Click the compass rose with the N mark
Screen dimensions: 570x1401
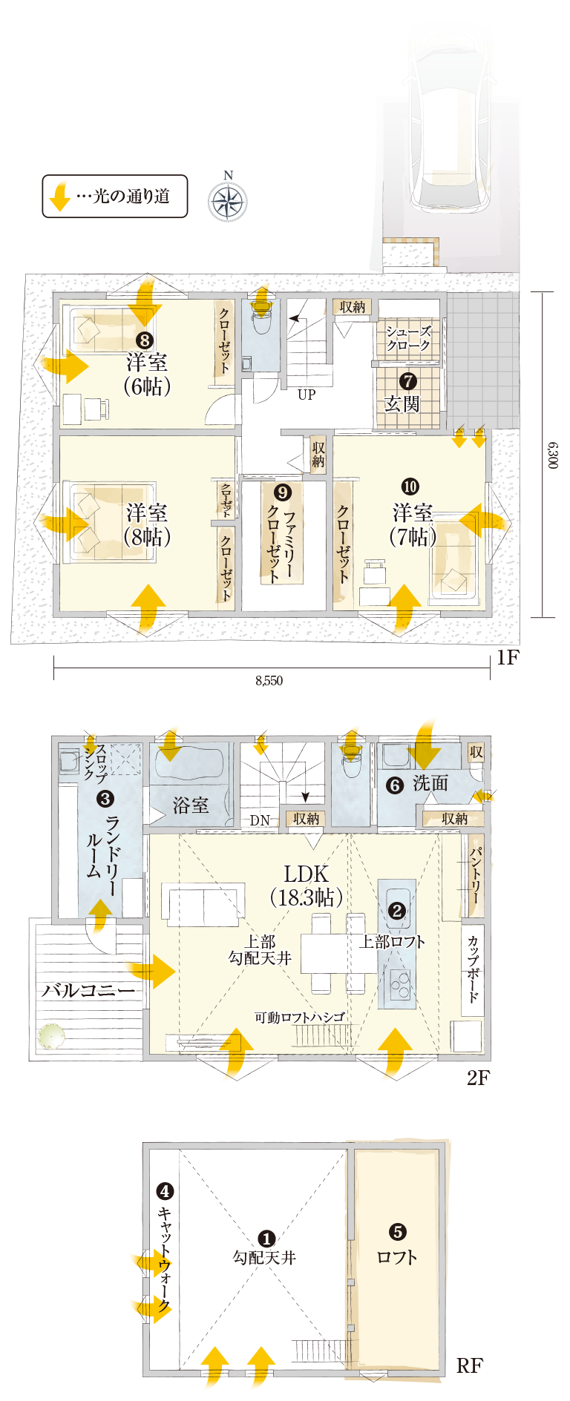[x=228, y=200]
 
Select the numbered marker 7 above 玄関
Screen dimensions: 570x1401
[x=407, y=381]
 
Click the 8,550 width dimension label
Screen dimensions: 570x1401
[x=269, y=680]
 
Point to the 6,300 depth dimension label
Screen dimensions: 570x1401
[x=553, y=455]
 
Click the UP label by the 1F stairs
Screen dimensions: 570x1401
[x=307, y=395]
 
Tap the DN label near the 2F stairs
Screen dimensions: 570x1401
[x=260, y=820]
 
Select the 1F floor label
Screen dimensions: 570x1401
[x=508, y=657]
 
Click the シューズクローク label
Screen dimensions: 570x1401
[x=408, y=338]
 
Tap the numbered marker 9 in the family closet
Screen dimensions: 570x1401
[x=283, y=492]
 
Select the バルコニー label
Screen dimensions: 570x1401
[x=88, y=991]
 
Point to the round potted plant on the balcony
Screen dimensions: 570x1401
[x=52, y=1035]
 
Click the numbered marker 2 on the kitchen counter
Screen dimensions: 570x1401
[x=397, y=911]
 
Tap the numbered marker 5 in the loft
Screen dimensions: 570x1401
[x=398, y=1232]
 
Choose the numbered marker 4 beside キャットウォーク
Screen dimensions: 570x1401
[x=165, y=1192]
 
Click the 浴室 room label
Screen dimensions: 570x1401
[x=191, y=805]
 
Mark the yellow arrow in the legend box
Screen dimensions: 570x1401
[x=59, y=196]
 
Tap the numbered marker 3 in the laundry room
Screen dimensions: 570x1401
[x=105, y=799]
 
